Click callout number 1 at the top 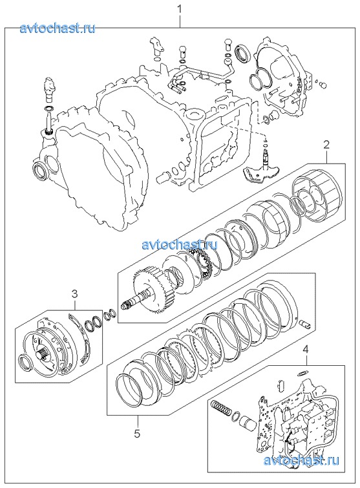pos(180,9)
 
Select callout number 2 pos(326,145)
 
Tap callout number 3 pos(75,293)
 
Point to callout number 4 pos(306,349)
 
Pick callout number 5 pos(137,433)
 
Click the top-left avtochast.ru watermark pos(58,28)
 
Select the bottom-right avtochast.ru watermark pos(301,460)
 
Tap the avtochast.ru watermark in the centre pos(180,244)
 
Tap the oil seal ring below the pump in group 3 pos(25,363)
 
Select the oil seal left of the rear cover pos(243,52)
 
